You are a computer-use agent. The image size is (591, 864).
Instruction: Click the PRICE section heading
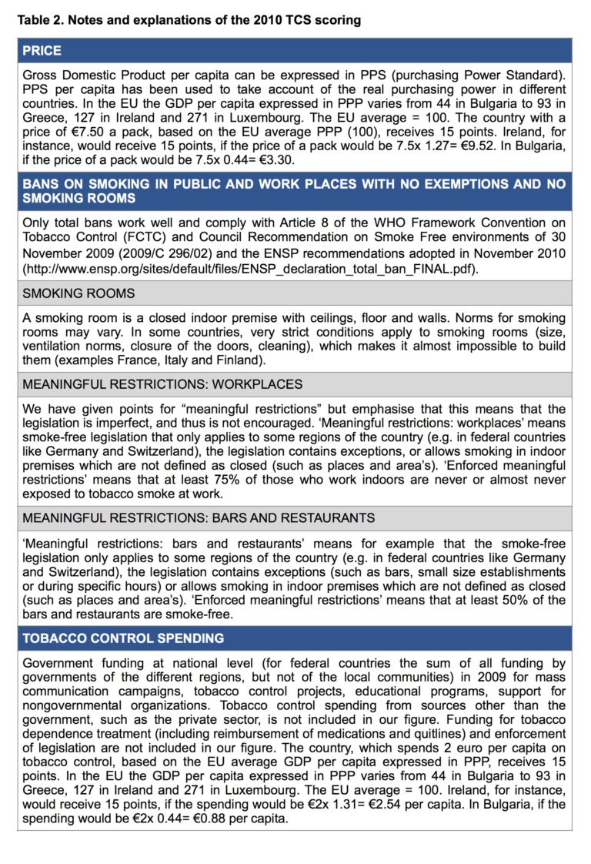(42, 51)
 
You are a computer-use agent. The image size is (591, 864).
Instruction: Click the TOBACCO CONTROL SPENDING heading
(123, 638)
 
